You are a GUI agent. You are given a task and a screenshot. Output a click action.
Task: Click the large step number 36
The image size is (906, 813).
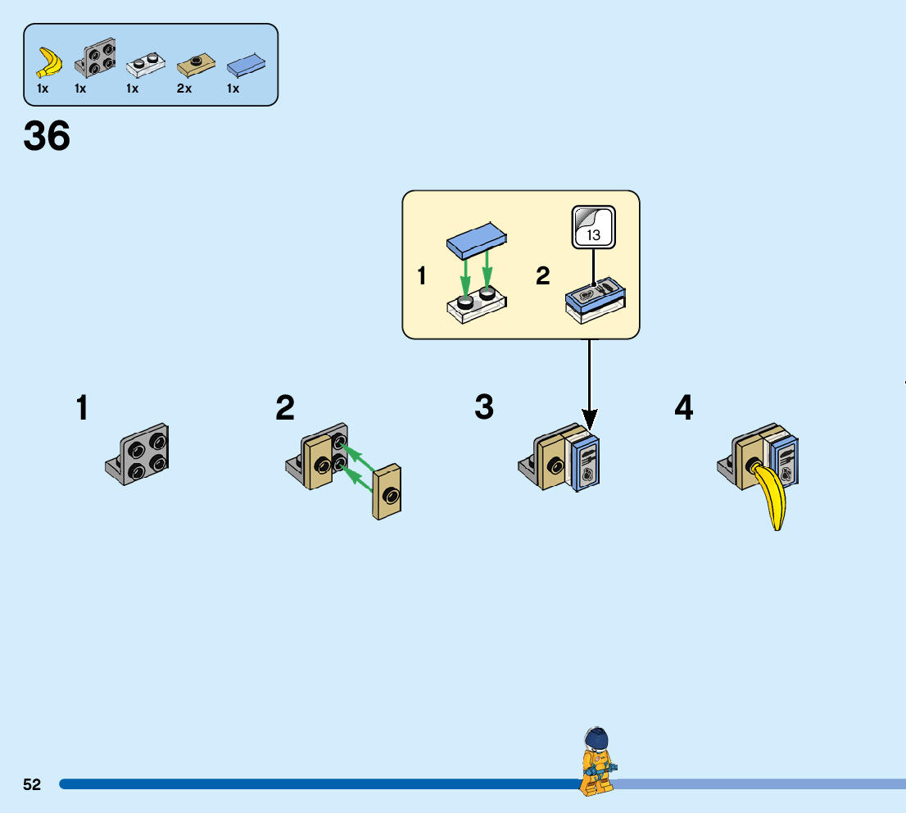point(47,136)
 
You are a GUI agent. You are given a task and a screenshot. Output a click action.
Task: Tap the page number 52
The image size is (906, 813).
point(32,784)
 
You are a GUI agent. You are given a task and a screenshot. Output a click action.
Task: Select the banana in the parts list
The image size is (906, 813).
point(50,62)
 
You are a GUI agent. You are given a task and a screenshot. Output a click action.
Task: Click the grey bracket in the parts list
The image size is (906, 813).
point(95,58)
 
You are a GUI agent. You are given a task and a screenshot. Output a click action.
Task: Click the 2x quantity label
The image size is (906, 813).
point(184,89)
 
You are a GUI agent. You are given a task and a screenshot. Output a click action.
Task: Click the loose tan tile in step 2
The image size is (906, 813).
point(387,491)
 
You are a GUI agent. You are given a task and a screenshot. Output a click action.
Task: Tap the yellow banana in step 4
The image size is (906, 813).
point(771,496)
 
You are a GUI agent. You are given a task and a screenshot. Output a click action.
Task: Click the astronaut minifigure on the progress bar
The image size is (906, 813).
point(597,761)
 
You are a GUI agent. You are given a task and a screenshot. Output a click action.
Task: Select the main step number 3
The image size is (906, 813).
point(484,407)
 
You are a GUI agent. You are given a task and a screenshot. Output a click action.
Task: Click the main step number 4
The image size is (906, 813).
point(684,407)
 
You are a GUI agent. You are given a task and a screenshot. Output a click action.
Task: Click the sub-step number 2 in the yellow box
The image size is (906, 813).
point(543,276)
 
